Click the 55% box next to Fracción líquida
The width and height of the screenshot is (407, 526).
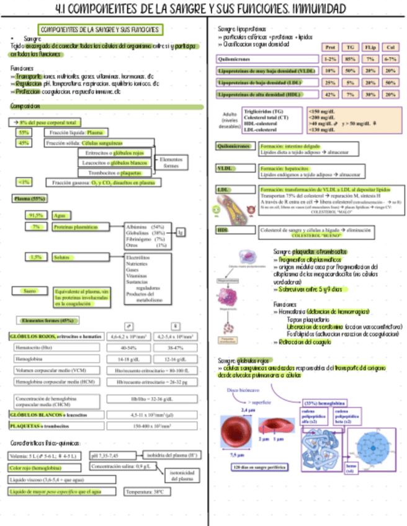(24, 132)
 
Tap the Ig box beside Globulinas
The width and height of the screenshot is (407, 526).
(181, 232)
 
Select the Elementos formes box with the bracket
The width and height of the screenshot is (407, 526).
(171, 163)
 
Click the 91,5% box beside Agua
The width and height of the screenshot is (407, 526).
(36, 215)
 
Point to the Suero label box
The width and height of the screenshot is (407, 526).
(29, 290)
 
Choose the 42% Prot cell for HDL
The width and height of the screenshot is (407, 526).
(331, 94)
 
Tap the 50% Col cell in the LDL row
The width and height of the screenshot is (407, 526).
(390, 82)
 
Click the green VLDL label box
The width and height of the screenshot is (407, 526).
(224, 169)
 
